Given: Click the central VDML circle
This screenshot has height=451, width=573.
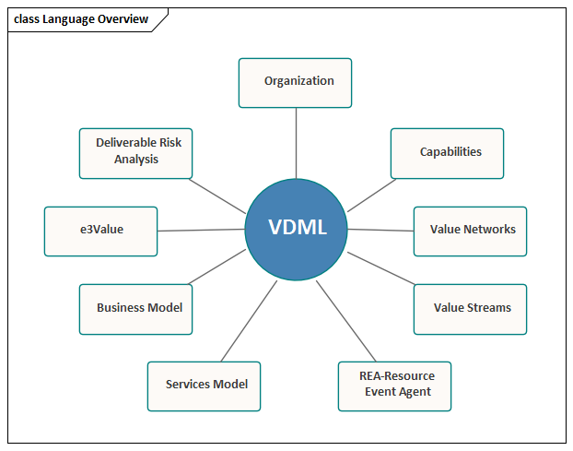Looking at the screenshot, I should click(297, 228).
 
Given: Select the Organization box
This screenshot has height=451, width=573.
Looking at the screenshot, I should click(295, 82).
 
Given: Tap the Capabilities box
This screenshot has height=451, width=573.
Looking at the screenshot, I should click(447, 152).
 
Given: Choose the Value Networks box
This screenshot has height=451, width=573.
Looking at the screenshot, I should click(470, 230).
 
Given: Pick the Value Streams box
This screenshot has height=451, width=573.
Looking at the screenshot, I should click(470, 308).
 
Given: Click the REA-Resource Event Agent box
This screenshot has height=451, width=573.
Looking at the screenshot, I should click(394, 386).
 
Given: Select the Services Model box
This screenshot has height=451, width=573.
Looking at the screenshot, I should click(204, 386).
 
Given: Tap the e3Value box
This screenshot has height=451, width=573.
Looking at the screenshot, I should click(100, 231).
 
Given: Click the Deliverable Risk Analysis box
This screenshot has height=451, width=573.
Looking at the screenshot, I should click(136, 152).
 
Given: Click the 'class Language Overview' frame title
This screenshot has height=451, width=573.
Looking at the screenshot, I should click(81, 19).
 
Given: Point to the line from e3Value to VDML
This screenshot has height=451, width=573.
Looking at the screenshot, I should click(201, 230).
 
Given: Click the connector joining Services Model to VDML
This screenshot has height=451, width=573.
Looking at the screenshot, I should click(250, 321).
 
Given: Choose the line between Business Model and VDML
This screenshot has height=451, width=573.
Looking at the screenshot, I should click(219, 267).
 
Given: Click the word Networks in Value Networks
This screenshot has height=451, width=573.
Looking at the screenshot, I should click(489, 230).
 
